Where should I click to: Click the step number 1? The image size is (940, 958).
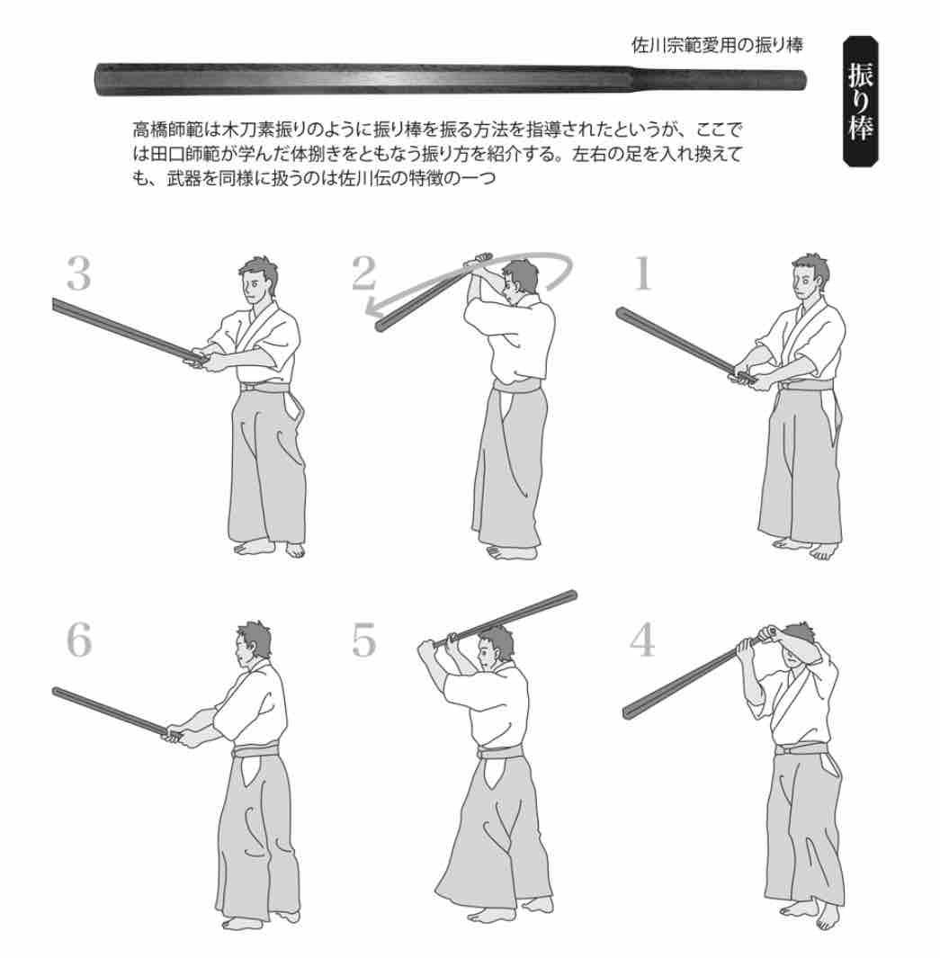[641, 273]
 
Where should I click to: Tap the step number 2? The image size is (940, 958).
[364, 273]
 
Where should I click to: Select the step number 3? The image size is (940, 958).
[79, 273]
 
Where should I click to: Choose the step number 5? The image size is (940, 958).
[364, 640]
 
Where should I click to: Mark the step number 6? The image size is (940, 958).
[79, 640]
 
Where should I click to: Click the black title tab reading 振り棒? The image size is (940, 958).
[861, 102]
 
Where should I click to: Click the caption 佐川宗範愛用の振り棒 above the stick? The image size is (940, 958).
[717, 45]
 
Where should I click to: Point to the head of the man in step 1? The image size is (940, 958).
[810, 280]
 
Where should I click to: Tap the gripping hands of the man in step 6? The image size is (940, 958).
[176, 735]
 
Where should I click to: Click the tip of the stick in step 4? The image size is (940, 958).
[626, 713]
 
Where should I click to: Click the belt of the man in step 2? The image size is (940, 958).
[516, 386]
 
